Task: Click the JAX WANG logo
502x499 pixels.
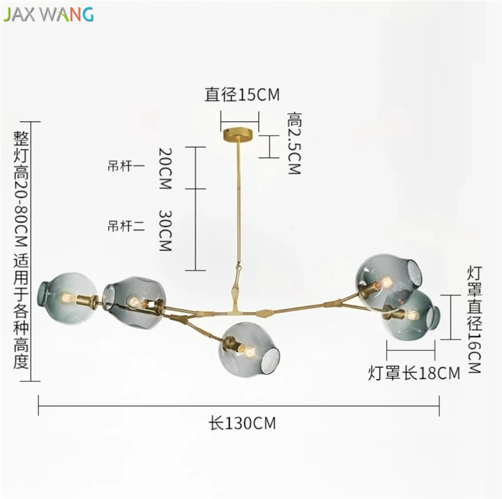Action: click(48, 14)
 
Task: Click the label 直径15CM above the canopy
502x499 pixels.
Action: click(242, 94)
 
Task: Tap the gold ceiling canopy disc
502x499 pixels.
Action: click(238, 134)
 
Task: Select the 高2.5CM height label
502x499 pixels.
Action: click(294, 143)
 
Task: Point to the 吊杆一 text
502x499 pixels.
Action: click(126, 166)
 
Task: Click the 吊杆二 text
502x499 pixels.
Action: click(126, 226)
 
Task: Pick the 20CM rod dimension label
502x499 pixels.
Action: click(166, 168)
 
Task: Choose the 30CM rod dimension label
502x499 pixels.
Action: click(166, 230)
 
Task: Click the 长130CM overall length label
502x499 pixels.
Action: click(242, 423)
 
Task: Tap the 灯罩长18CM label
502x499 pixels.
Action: click(414, 373)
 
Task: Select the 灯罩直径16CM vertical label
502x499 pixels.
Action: click(474, 319)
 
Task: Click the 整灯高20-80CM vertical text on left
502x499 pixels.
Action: click(21, 250)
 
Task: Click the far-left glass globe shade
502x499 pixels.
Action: click(67, 298)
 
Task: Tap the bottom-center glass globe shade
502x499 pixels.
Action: click(249, 349)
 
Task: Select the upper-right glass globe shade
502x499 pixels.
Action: click(388, 282)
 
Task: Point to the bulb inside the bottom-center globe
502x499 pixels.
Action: click(249, 351)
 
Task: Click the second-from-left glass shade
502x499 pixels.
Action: click(134, 302)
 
